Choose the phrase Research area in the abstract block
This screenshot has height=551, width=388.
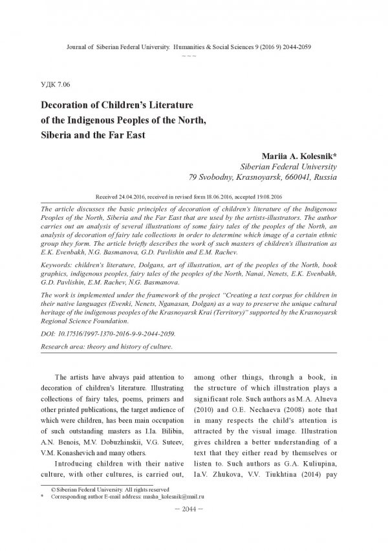click(65, 347)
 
